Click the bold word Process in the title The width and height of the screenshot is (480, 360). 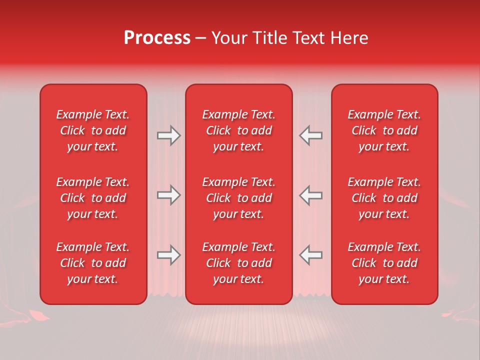[x=157, y=38]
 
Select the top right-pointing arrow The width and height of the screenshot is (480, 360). [x=168, y=135]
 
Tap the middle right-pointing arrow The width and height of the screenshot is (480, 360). [x=168, y=195]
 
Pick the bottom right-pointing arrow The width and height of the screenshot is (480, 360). [x=168, y=255]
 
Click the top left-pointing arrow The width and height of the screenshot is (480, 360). [x=310, y=135]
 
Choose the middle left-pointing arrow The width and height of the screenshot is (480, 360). [x=310, y=195]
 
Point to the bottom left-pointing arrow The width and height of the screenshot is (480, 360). [x=310, y=255]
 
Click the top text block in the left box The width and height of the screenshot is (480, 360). [x=93, y=130]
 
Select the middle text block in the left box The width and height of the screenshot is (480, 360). [x=93, y=198]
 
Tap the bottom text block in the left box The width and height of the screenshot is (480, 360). [x=93, y=263]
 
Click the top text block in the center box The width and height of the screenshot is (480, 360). [x=239, y=130]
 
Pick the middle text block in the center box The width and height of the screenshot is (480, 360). [x=239, y=198]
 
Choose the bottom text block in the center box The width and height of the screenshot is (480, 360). [x=239, y=263]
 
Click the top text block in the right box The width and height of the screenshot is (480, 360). [x=384, y=130]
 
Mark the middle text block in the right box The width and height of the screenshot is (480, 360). [x=384, y=198]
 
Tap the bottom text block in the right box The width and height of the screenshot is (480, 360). [x=384, y=263]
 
